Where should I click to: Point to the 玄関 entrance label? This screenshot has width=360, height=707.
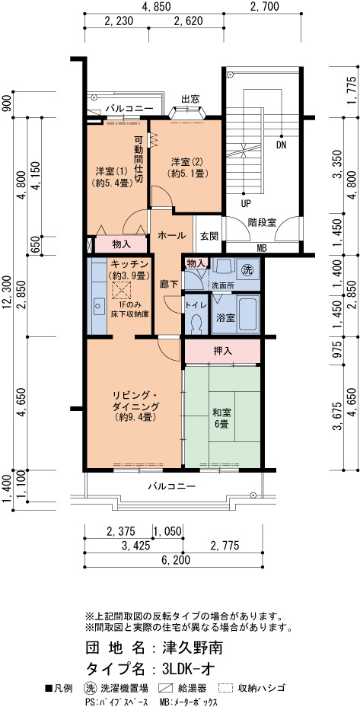coord(209,235)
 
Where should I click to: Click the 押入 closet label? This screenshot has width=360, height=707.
coord(222,350)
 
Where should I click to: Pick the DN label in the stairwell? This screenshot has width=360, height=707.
coord(282,145)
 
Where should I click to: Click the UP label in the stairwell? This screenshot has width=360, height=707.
coord(246,203)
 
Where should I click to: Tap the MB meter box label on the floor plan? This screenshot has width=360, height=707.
coord(261,247)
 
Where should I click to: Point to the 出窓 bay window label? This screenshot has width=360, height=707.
coord(190,99)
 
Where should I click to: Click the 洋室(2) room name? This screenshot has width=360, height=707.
coord(186,162)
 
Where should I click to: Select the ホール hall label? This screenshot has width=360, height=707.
coord(171,235)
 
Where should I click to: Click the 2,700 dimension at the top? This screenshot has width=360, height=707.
coord(264,6)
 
